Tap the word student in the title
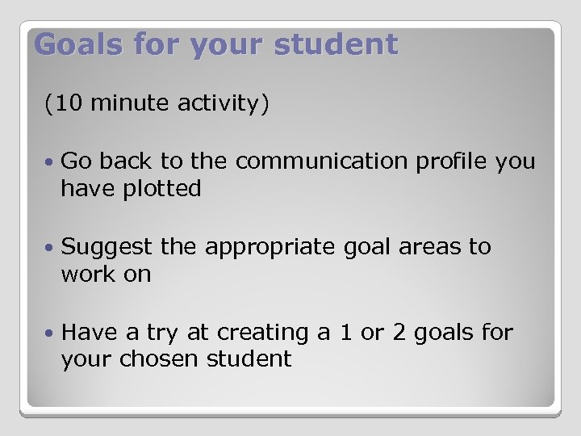(x=336, y=44)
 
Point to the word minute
(x=125, y=103)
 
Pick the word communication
(x=323, y=161)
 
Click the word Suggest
(x=107, y=247)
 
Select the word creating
(x=245, y=333)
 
